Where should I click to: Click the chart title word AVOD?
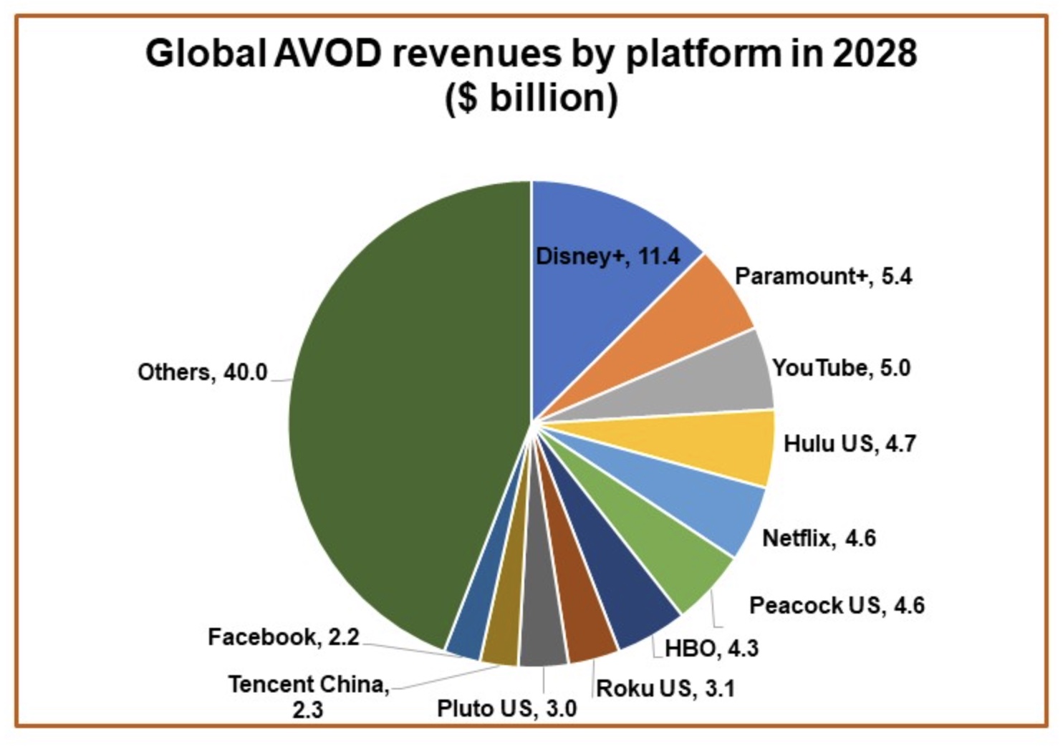[x=327, y=54]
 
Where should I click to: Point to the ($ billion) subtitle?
[x=531, y=98]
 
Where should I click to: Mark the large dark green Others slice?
[x=401, y=415]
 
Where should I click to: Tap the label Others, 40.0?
[x=202, y=372]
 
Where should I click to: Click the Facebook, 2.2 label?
[x=283, y=636]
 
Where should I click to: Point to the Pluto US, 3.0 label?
[x=506, y=708]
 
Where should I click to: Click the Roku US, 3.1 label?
[x=665, y=688]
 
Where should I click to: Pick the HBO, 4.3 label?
[x=711, y=648]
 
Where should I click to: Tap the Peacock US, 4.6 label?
[x=837, y=605]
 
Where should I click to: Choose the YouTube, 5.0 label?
[x=841, y=368]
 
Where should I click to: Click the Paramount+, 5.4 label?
[x=823, y=276]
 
